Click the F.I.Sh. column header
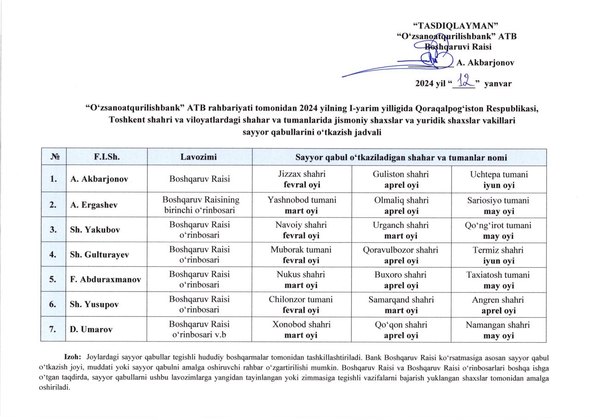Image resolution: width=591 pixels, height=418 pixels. tap(107, 157)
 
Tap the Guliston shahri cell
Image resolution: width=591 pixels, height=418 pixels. tap(401, 179)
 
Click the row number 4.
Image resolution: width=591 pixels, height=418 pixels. tap(53, 255)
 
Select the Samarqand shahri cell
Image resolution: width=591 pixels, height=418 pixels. tap(401, 305)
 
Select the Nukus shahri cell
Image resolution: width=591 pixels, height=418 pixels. tap(301, 280)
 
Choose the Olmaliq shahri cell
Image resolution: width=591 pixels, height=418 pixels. tap(401, 205)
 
